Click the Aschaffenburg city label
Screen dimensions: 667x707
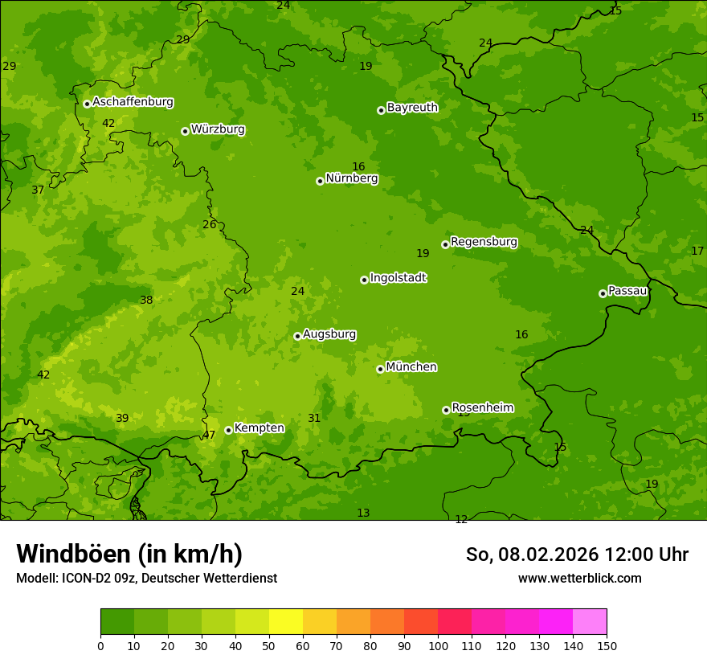click(x=133, y=102)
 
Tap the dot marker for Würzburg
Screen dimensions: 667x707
click(x=185, y=131)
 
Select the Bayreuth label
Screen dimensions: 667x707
click(x=412, y=107)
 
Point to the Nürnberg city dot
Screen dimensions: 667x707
click(x=320, y=181)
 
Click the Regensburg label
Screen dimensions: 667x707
click(x=484, y=242)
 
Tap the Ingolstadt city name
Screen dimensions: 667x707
click(x=398, y=278)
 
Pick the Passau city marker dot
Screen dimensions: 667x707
click(x=603, y=293)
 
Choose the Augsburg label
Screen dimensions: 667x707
click(x=329, y=334)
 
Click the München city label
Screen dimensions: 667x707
click(x=411, y=367)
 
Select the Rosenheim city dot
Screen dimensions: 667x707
click(x=446, y=410)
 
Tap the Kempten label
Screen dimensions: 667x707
click(x=259, y=428)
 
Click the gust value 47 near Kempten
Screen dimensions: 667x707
click(x=209, y=435)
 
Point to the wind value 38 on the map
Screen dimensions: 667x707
click(x=146, y=300)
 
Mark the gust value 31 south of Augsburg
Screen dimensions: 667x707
click(x=314, y=418)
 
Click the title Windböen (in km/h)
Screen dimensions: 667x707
click(x=129, y=554)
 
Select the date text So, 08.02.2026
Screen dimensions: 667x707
click(x=532, y=554)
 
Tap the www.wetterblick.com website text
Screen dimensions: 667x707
click(x=579, y=578)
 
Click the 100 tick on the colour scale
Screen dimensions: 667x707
click(x=438, y=645)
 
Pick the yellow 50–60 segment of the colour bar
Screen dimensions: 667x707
click(x=286, y=622)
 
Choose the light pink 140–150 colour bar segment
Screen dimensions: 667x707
click(x=590, y=622)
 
